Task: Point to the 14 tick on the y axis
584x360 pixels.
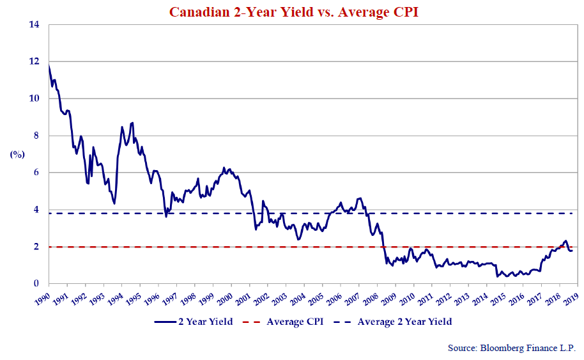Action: [35, 25]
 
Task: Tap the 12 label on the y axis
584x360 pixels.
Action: [35, 62]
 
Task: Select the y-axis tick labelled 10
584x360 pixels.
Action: [35, 99]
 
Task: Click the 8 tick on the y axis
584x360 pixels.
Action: [37, 136]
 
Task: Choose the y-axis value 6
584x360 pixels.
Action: [37, 173]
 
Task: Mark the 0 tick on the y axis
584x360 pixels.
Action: [37, 284]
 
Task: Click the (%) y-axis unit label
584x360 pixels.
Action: [17, 154]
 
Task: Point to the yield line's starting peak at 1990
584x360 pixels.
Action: [49, 65]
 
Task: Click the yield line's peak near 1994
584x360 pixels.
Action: [132, 122]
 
